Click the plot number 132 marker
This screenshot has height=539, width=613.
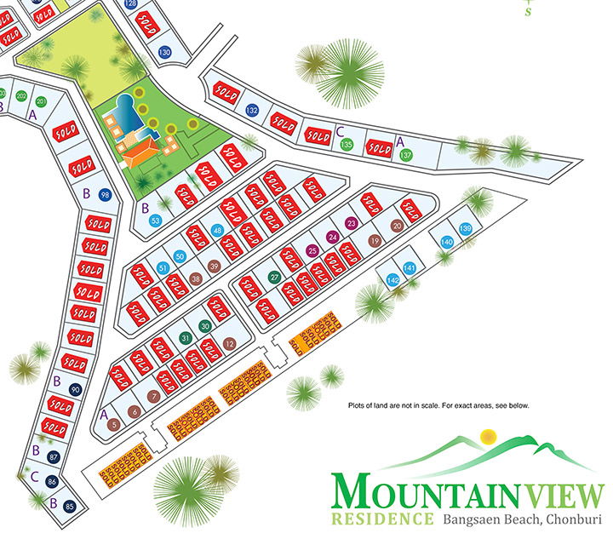point(252,111)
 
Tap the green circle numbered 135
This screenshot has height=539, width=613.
point(347,145)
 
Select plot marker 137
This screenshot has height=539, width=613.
point(407,155)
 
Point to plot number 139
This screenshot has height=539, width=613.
point(466,228)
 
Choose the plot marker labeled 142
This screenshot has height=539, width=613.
point(393,280)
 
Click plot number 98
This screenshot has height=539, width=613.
point(105,194)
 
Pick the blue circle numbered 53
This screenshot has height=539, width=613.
point(156,221)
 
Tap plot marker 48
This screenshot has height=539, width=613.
point(217,231)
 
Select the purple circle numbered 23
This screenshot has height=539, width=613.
point(351,223)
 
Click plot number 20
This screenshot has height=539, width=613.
point(396,226)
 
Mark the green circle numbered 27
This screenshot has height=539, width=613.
point(274,277)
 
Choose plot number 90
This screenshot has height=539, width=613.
point(76,389)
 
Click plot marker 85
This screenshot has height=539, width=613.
point(70,508)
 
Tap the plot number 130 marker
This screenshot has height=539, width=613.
point(165,53)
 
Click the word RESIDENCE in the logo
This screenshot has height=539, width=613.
point(382,518)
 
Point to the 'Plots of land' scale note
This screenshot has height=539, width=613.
point(439,405)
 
